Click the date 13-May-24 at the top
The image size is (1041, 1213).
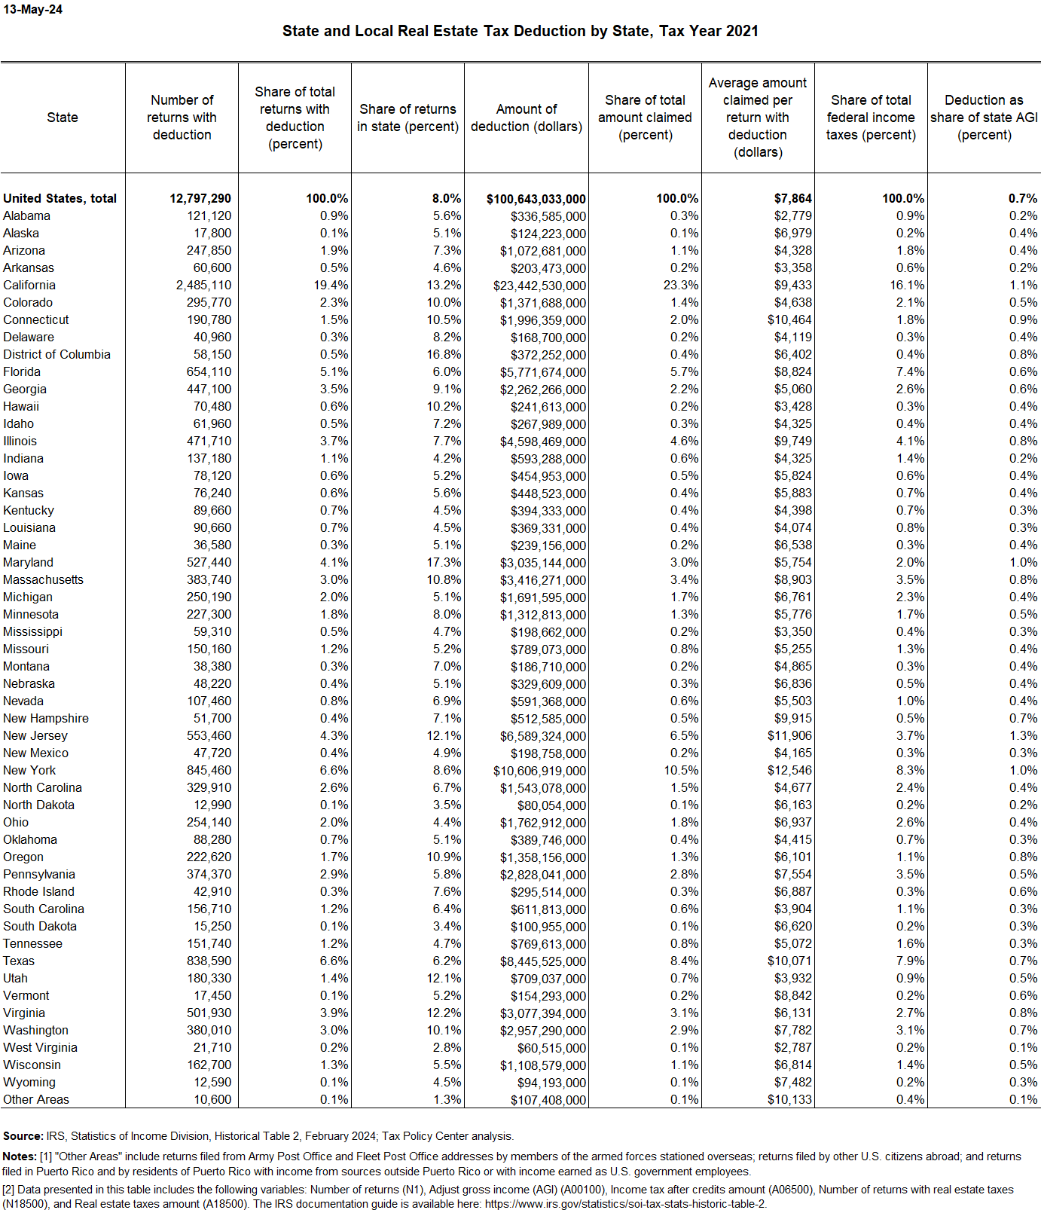tap(33, 10)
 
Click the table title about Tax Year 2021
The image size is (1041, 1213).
tap(520, 31)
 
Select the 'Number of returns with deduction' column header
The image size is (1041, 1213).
tap(182, 118)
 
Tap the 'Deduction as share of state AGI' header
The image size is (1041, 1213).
tap(984, 118)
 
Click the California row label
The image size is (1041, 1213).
tap(29, 285)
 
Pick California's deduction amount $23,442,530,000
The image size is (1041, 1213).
tap(539, 286)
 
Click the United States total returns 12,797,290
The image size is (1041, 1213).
tap(200, 198)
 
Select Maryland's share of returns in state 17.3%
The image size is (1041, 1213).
tap(444, 562)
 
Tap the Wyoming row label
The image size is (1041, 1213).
tap(29, 1082)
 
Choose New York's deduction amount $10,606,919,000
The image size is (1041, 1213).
tap(539, 771)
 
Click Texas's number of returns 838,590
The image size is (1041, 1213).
tap(209, 961)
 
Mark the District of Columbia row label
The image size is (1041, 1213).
tap(56, 354)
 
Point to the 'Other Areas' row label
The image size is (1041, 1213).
tap(36, 1099)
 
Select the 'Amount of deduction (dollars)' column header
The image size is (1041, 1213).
tap(527, 118)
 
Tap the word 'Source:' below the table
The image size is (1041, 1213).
tap(23, 1136)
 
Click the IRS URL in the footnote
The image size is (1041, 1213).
tap(625, 1204)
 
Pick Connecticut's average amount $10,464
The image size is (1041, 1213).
tap(789, 319)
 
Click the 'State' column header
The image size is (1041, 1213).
tap(63, 118)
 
